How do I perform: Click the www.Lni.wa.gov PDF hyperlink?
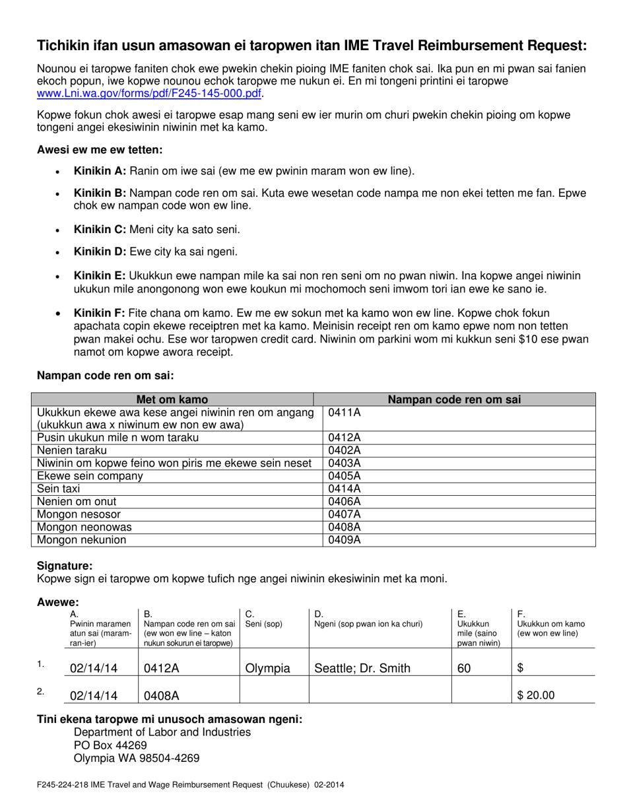pos(148,94)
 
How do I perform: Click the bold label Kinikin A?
pos(100,171)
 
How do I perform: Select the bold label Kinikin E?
pos(100,275)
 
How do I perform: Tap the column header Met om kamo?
pos(172,399)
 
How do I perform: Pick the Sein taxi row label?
pos(58,489)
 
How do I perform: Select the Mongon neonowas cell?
pos(84,527)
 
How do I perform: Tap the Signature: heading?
pos(65,566)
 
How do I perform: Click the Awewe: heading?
pos(58,602)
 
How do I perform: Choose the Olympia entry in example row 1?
pos(267,668)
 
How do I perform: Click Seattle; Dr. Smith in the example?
pos(362,668)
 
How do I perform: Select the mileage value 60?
pos(464,668)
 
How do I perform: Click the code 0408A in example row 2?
pos(162,694)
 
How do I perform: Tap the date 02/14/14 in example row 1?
pos(93,668)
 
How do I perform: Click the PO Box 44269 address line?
pos(110,745)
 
